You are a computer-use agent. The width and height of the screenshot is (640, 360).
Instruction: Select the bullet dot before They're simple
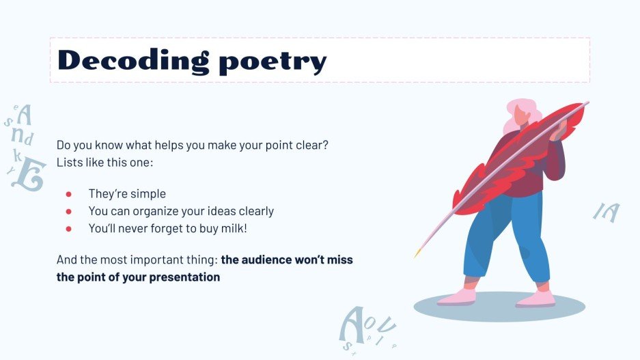point(68,194)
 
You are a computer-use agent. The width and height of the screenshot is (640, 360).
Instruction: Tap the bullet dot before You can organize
point(68,211)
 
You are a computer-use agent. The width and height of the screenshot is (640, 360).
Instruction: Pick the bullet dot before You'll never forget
point(68,229)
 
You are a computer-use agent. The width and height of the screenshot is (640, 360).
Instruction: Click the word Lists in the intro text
point(70,163)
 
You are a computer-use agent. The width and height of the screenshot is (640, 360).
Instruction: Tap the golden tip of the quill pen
point(416,254)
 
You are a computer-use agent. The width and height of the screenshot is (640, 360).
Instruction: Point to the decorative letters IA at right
point(606,212)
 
